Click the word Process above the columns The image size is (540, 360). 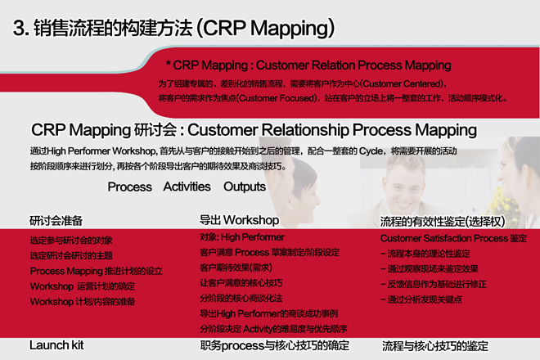coord(129,187)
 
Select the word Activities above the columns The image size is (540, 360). coord(187,187)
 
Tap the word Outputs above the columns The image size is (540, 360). coord(245,187)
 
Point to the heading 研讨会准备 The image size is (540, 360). coord(56,220)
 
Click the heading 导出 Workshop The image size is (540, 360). coord(240,220)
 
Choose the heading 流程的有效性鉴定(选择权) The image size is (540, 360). coord(443,222)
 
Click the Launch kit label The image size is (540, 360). coord(56,344)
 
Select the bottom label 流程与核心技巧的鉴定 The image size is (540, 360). coord(435,346)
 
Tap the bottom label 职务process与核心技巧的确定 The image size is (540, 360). coord(274,345)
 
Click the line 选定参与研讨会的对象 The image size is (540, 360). coord(71,240)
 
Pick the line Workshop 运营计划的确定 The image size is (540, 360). coord(83,286)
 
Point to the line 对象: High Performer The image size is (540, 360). coord(242,237)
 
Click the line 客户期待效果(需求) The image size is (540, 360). coord(236,268)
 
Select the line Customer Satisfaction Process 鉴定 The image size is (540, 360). coord(453,238)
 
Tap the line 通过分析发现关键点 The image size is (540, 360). coord(421,299)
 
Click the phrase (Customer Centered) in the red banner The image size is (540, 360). coord(403,83)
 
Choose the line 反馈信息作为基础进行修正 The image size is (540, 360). coord(434,284)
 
